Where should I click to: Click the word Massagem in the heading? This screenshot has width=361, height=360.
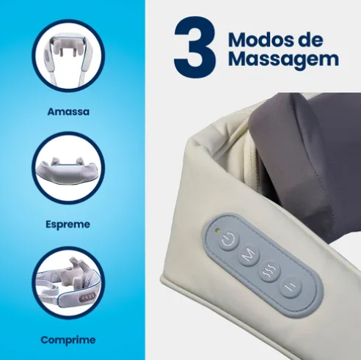click(283, 59)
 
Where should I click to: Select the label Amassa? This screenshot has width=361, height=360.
click(68, 111)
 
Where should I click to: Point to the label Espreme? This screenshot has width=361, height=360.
click(68, 224)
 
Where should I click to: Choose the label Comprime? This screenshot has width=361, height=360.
click(68, 340)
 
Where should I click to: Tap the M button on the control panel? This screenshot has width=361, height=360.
click(249, 256)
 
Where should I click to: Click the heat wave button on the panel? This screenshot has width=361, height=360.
click(269, 271)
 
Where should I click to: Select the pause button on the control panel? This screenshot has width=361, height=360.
click(291, 287)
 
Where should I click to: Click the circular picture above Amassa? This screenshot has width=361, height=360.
click(68, 56)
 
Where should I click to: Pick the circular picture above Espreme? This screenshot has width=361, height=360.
click(68, 168)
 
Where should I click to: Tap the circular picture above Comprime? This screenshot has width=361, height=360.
click(68, 284)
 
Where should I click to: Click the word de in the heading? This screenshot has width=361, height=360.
click(313, 40)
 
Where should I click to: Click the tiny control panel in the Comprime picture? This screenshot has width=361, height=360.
click(88, 295)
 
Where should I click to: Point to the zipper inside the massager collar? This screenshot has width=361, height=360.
click(251, 156)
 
